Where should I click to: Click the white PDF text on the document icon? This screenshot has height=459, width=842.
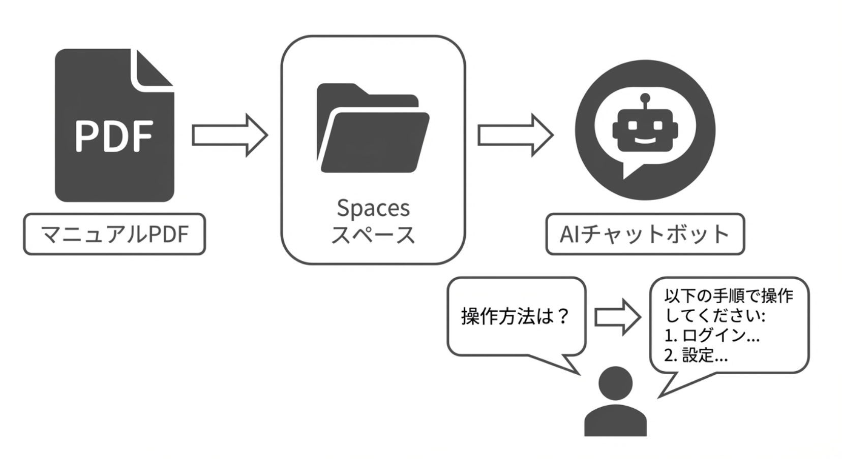(114, 136)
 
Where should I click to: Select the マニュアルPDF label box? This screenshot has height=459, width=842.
(114, 234)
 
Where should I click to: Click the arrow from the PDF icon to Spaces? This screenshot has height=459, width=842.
(229, 135)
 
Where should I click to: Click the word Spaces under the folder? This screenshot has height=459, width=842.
(373, 208)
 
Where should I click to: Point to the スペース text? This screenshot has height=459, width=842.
(373, 235)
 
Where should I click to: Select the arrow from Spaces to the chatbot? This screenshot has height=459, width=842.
(515, 135)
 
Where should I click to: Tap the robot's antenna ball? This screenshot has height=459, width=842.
(645, 98)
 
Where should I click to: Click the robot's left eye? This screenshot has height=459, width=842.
(634, 126)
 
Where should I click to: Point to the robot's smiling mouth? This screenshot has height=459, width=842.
(645, 140)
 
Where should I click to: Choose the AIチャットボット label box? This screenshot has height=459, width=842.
(645, 234)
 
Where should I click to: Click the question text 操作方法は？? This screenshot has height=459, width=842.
(515, 316)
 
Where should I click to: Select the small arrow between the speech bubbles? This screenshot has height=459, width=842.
(617, 317)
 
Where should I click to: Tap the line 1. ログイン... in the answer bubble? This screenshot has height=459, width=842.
(712, 336)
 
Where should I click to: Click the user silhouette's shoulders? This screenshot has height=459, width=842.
(616, 421)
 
